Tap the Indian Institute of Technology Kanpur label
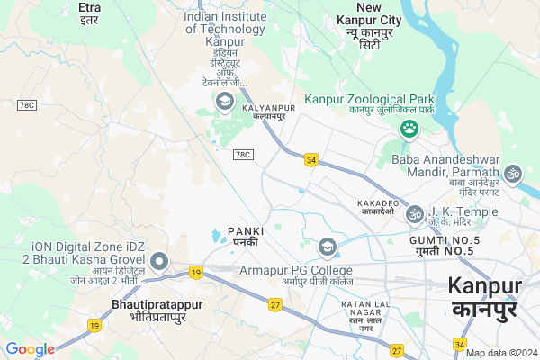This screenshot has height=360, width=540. pos(226,29)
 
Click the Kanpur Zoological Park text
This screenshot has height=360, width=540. pos(369,99)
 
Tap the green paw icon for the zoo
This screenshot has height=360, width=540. pos(410,130)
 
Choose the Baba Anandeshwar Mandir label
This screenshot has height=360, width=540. pos(445,166)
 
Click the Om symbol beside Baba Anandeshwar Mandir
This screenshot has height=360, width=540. pos(513,171)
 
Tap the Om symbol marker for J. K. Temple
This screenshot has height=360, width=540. pos(414,213)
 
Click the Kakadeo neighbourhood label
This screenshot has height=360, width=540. pos(379,205)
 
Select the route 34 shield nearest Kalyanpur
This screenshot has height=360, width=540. pos(311,159)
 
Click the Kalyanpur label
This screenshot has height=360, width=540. pos(264,112)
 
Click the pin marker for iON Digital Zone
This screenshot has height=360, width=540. pos(160,262)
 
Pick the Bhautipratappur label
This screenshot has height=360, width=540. pos(154,310)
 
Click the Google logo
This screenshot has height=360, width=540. pos(31,349)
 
